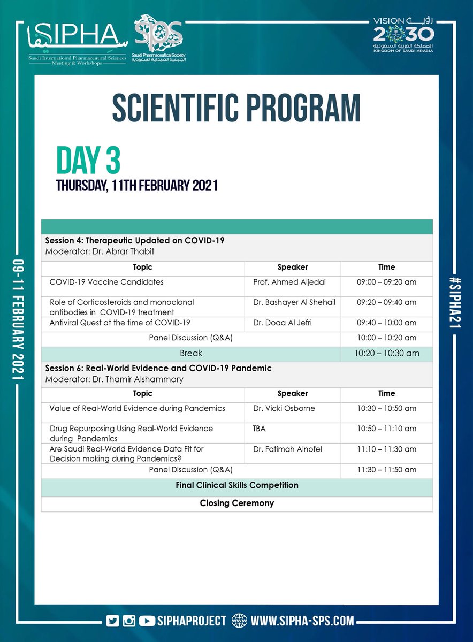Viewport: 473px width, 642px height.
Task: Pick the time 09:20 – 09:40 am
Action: pyautogui.click(x=386, y=302)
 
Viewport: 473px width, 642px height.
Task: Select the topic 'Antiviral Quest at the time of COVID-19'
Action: pyautogui.click(x=120, y=323)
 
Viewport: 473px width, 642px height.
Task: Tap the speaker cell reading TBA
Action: pyautogui.click(x=260, y=429)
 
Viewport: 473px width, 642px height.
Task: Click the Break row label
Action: pyautogui.click(x=190, y=353)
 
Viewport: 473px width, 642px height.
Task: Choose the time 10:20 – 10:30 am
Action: pyautogui.click(x=386, y=353)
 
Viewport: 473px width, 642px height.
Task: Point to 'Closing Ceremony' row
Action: pyautogui.click(x=236, y=503)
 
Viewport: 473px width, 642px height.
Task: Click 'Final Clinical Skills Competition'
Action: pyautogui.click(x=236, y=485)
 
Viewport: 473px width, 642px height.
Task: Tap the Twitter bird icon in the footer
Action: pyautogui.click(x=113, y=621)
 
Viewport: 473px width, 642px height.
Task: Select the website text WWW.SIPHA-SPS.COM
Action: pyautogui.click(x=302, y=621)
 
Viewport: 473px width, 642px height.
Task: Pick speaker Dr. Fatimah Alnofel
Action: pyautogui.click(x=287, y=449)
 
